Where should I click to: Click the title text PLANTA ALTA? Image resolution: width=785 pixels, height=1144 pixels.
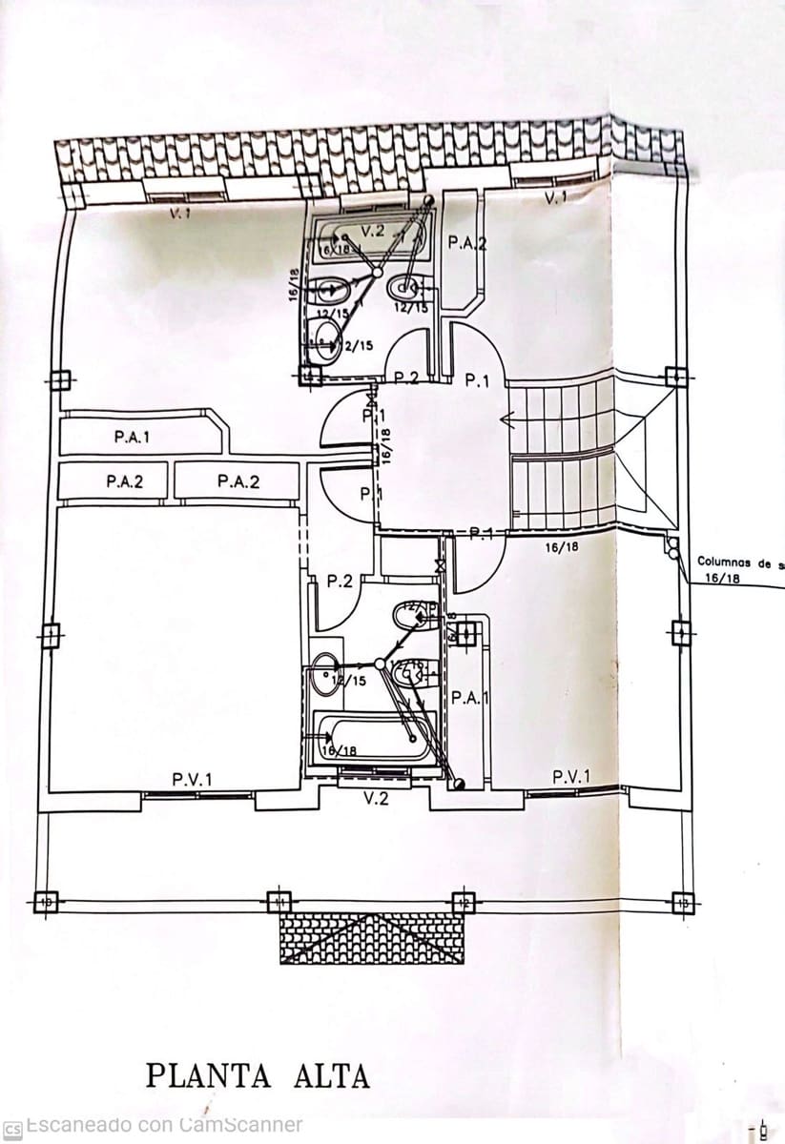[x=258, y=1076]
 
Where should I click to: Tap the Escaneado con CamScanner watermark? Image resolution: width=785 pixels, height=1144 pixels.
[x=163, y=1126]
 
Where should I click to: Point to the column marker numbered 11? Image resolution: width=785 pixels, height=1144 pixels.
[x=279, y=900]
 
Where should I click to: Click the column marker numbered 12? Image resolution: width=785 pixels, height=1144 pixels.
[x=464, y=901]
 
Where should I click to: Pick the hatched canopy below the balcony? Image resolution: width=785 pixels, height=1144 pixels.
[x=372, y=938]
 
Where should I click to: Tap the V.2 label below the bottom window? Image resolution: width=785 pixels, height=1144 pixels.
[x=377, y=799]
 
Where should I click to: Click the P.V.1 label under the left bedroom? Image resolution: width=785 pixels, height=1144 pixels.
[x=193, y=779]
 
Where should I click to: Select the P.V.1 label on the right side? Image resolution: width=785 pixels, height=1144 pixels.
[x=571, y=777]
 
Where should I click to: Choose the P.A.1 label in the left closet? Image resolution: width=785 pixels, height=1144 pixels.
[x=132, y=438]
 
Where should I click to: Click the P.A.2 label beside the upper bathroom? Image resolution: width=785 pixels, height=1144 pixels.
[x=467, y=243]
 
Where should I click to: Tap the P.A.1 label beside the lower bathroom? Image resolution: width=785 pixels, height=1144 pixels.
[x=470, y=698]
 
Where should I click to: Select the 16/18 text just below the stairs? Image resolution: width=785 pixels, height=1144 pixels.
[x=562, y=547]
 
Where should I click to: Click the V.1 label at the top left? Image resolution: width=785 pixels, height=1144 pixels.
[x=179, y=214]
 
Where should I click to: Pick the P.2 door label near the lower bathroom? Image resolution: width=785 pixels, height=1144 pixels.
[x=340, y=581]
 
